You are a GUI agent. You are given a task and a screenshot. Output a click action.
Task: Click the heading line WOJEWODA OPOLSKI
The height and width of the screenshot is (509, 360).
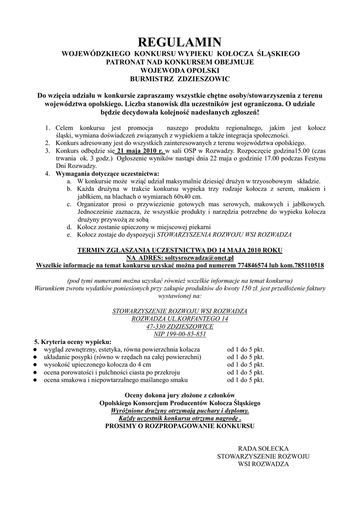pyautogui.click(x=180, y=71)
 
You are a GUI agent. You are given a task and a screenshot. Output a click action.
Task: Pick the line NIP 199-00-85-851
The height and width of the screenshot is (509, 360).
pyautogui.click(x=180, y=334)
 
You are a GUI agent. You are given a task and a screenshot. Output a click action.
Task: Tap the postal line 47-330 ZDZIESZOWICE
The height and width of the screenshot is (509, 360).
pyautogui.click(x=180, y=327)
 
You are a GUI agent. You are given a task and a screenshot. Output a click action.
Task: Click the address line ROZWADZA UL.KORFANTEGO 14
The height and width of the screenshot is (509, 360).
pyautogui.click(x=180, y=319)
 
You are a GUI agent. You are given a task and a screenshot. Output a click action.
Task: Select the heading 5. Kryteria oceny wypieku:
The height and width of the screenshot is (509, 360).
pyautogui.click(x=73, y=342)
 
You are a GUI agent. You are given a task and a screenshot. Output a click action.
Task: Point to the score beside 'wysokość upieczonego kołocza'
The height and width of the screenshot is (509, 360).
pyautogui.click(x=246, y=364)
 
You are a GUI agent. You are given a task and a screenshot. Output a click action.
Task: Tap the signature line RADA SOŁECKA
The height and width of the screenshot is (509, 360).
pyautogui.click(x=263, y=448)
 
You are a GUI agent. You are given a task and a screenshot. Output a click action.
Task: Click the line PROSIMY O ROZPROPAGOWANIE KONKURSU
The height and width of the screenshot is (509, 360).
pyautogui.click(x=180, y=426)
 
